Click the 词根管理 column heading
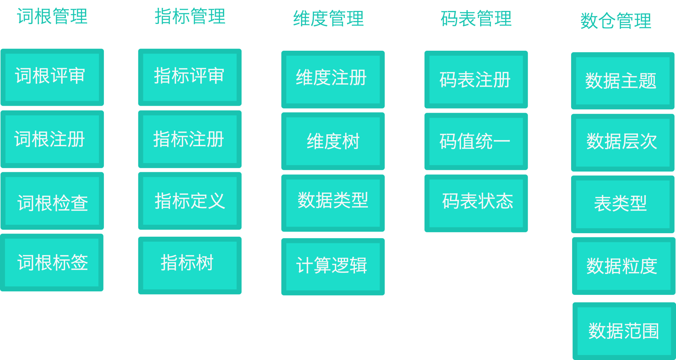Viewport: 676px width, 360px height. pos(52,17)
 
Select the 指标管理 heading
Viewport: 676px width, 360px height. pos(190,17)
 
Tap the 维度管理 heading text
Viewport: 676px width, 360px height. pos(328,19)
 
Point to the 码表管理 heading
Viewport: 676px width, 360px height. pos(476,19)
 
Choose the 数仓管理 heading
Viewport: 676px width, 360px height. pos(616,21)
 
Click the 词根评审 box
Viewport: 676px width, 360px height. pos(52,77)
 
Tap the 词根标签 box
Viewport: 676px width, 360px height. pos(52,263)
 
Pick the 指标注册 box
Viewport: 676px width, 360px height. pos(190,139)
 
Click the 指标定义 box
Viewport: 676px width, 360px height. pos(190,201)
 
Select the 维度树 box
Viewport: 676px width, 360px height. pos(333,141)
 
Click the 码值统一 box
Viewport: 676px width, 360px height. pos(476,141)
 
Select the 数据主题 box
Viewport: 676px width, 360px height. pos(622,81)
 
